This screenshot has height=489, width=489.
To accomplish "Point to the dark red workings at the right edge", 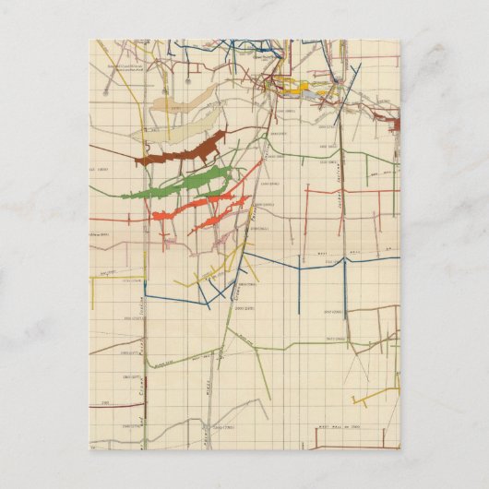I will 394,124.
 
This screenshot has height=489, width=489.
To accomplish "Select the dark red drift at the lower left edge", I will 103,404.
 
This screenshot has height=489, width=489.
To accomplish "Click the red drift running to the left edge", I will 115,221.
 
